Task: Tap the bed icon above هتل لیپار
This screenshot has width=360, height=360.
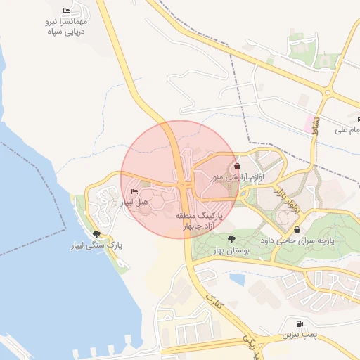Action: (x=134, y=192)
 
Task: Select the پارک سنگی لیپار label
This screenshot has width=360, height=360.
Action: (x=96, y=246)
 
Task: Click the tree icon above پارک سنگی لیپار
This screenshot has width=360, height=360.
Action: (x=96, y=235)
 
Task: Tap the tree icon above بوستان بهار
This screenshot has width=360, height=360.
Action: (x=232, y=240)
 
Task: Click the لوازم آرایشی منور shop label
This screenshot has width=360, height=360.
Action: (x=236, y=178)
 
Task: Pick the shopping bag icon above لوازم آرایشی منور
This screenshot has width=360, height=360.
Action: (x=237, y=167)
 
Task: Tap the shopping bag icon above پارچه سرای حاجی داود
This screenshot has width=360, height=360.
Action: (x=297, y=229)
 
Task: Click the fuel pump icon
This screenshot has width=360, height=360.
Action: (x=301, y=325)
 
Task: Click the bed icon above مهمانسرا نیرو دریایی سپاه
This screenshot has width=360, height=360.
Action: (x=67, y=11)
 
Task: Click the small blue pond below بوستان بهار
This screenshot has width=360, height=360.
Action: (x=237, y=279)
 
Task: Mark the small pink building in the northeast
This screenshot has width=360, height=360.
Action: (x=308, y=122)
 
